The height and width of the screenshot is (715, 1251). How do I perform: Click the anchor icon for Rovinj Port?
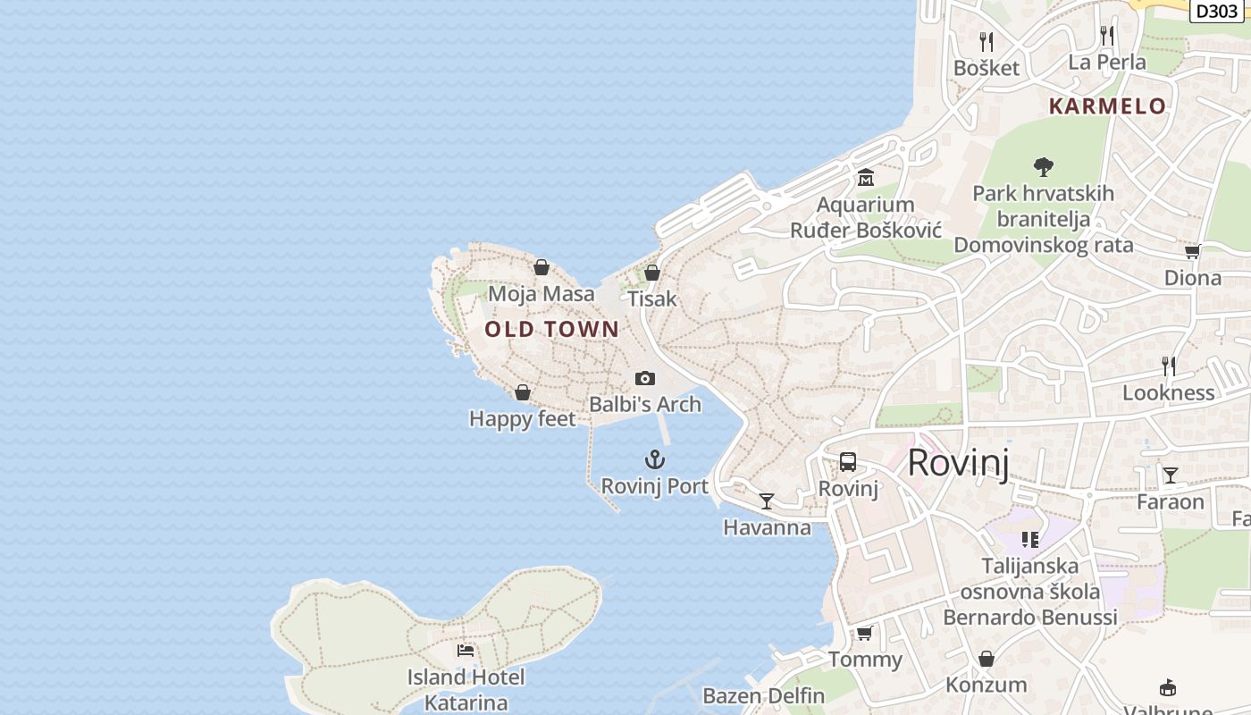click(x=655, y=459)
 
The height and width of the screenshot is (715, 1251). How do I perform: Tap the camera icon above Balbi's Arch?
click(x=644, y=378)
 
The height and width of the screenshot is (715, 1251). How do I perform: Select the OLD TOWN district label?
click(x=551, y=329)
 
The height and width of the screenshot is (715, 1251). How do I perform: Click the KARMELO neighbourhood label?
click(x=1107, y=106)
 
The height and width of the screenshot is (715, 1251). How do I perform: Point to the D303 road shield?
click(x=1216, y=11)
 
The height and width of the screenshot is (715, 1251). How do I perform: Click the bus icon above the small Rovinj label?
click(x=847, y=462)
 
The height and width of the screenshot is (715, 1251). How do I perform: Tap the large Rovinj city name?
click(x=958, y=463)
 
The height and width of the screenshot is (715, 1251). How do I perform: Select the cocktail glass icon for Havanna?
click(x=766, y=500)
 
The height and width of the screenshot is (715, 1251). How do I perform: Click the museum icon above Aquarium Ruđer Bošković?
click(x=865, y=178)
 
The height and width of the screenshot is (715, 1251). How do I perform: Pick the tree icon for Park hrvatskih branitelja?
click(x=1043, y=166)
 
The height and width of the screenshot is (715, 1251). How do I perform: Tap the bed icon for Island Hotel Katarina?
click(x=466, y=650)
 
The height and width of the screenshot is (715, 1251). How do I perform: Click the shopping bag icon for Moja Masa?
click(x=541, y=267)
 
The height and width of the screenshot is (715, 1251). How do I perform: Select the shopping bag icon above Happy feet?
click(x=523, y=392)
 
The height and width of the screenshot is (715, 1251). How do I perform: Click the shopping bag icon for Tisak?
click(x=652, y=273)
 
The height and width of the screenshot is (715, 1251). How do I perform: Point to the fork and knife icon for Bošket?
click(x=987, y=41)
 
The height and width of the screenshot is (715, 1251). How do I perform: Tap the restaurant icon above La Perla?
click(x=1107, y=35)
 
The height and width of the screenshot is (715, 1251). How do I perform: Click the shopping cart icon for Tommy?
click(x=864, y=633)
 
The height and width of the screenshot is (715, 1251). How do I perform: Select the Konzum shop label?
click(x=987, y=685)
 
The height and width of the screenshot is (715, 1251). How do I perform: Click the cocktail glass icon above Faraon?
click(x=1170, y=475)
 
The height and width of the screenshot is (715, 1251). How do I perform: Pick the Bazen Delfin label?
click(x=764, y=695)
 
